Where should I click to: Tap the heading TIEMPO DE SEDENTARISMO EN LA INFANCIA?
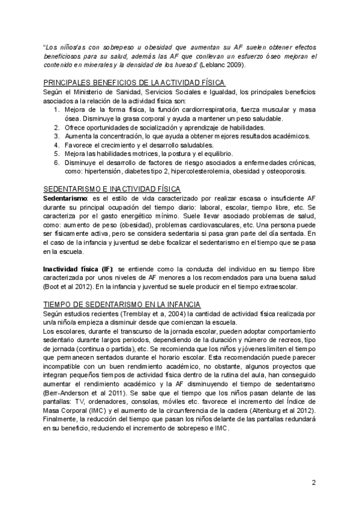[x=124, y=304]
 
